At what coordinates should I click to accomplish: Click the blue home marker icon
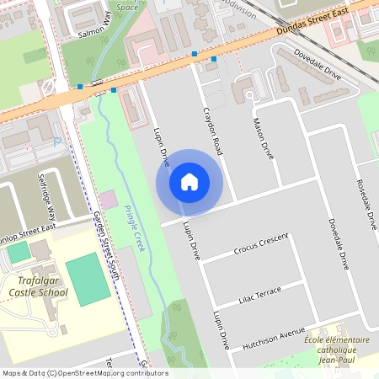(x=189, y=181)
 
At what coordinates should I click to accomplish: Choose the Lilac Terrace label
(x=259, y=295)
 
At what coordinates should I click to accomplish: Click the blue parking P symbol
(x=57, y=142)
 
